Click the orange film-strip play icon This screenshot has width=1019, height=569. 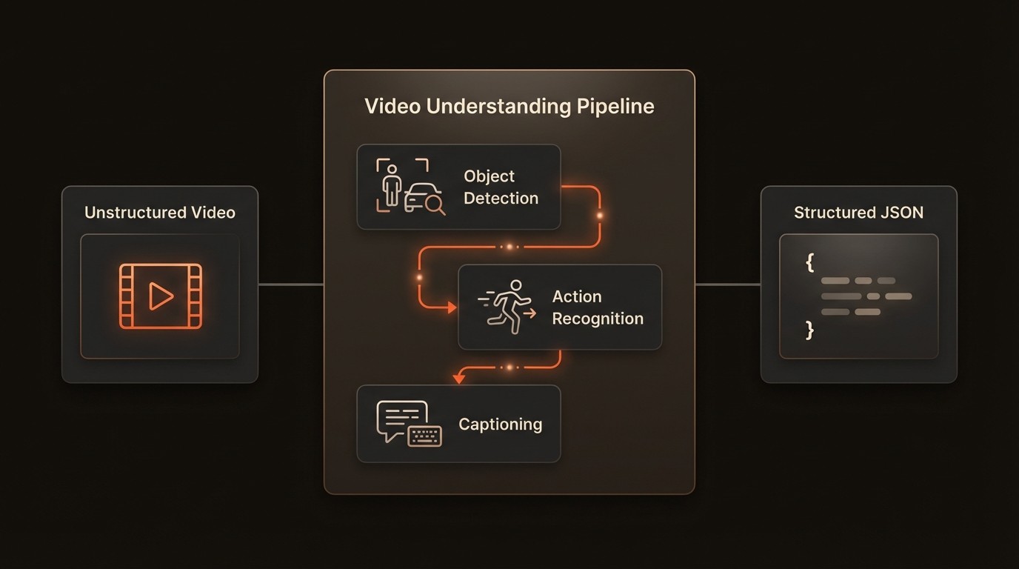(160, 296)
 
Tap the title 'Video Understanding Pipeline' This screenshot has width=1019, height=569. (509, 106)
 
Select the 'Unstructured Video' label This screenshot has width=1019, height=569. (160, 213)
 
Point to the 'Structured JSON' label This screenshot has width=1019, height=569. (858, 213)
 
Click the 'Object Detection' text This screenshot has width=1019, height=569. (501, 187)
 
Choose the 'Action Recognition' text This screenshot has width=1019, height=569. (597, 307)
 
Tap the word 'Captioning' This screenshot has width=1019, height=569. (500, 424)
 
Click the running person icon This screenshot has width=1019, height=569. (507, 304)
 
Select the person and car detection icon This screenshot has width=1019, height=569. (410, 186)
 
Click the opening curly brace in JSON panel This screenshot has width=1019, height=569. (810, 262)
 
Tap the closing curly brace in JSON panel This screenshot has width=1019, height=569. (809, 329)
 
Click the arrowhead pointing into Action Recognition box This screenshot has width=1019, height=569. (452, 307)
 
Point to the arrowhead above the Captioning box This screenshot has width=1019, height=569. (458, 379)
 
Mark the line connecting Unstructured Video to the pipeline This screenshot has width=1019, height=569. (291, 284)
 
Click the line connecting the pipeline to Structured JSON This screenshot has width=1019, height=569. (728, 284)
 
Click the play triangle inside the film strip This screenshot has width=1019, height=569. (161, 296)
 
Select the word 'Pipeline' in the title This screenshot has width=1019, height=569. (617, 106)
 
